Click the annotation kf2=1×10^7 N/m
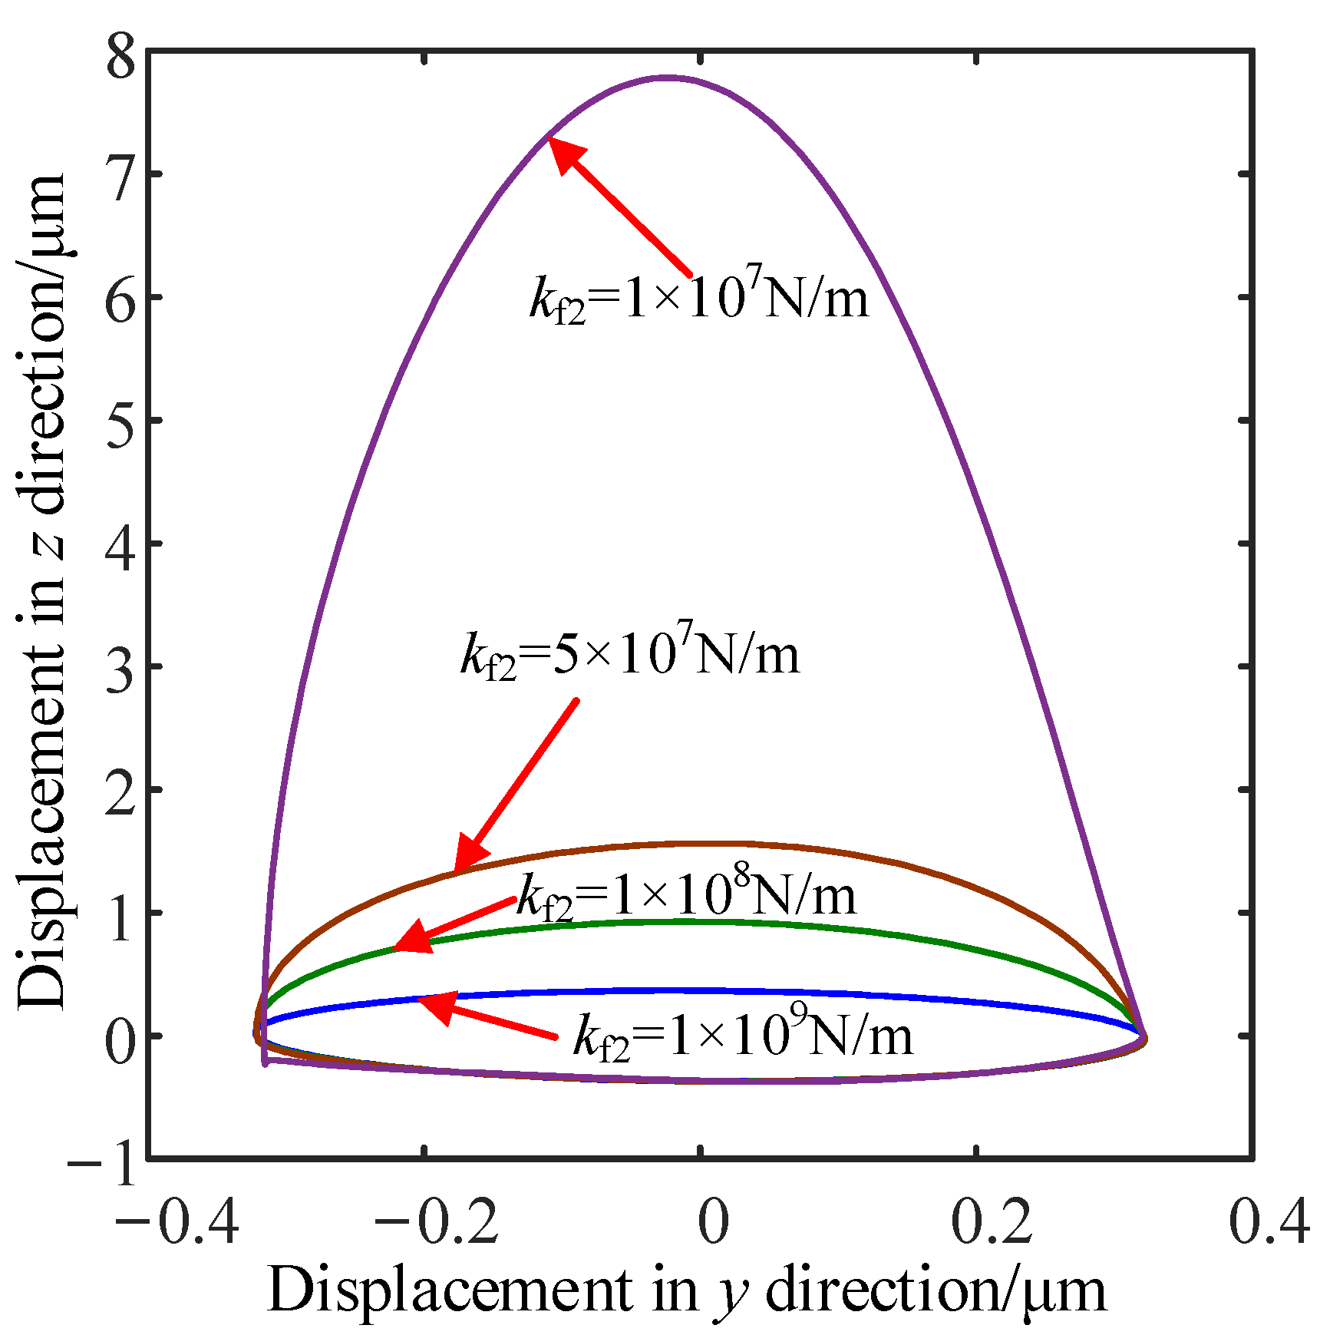click(699, 296)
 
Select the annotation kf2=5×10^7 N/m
click(630, 653)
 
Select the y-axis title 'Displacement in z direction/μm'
click(42, 591)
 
